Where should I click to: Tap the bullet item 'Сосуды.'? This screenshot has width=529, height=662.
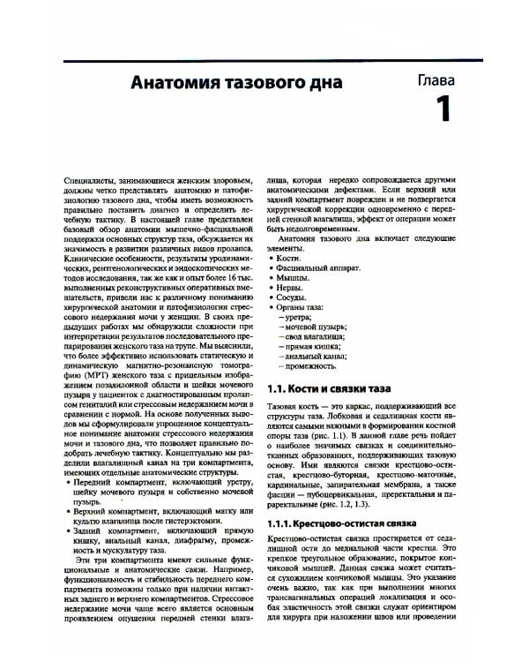click(x=293, y=300)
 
